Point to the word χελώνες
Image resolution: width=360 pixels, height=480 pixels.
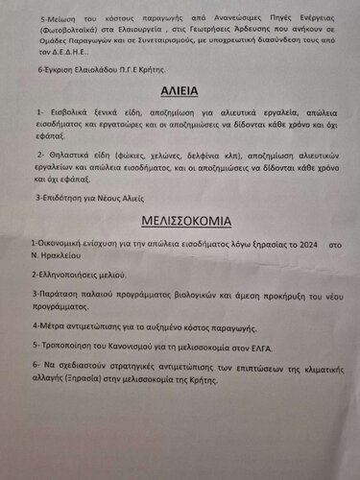pyautogui.click(x=189, y=155)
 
